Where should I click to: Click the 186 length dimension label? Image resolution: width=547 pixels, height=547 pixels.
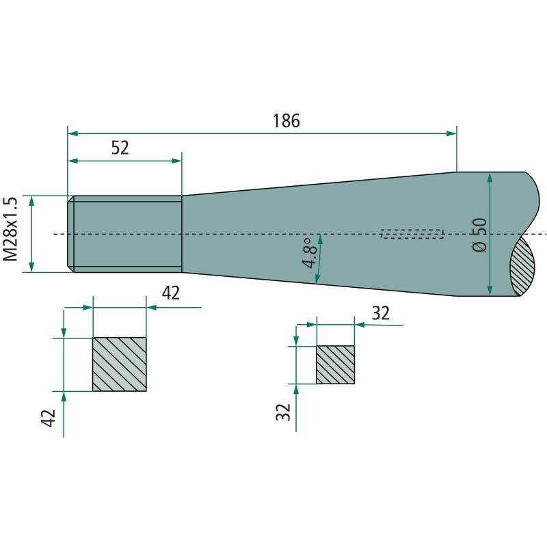click(286, 121)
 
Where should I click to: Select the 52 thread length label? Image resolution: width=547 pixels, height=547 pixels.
click(120, 148)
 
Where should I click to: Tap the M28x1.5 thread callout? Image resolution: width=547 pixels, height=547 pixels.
click(10, 229)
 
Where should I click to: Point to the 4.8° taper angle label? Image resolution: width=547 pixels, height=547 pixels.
click(310, 253)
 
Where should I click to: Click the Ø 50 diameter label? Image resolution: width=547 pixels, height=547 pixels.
click(479, 235)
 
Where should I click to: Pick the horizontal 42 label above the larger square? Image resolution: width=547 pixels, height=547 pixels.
click(171, 293)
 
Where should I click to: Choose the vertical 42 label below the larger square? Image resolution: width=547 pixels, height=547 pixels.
click(49, 418)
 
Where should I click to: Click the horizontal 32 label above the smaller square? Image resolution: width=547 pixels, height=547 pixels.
click(381, 313)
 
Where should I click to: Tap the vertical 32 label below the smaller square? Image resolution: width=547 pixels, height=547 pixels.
click(283, 412)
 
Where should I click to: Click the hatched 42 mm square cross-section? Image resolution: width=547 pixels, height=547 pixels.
click(119, 364)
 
